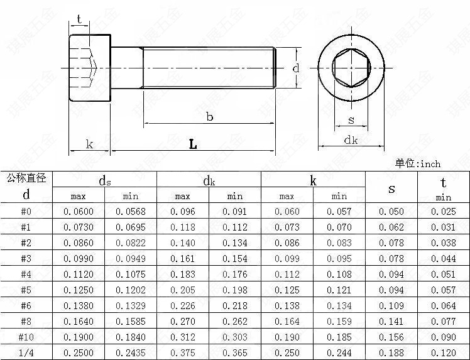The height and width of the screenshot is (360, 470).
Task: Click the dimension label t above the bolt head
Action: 79,19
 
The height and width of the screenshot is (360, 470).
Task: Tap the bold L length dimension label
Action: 193,145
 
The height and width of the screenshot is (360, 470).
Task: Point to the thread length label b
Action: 209,117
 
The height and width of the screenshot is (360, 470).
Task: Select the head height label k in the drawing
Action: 89,144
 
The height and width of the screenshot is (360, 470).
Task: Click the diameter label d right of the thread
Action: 296,68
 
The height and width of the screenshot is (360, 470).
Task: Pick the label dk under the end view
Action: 351,139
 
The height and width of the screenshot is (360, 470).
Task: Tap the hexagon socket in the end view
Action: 351,68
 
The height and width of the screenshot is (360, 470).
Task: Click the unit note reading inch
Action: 430,164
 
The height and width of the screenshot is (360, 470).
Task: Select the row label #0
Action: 26,211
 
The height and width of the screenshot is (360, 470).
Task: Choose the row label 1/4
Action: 26,352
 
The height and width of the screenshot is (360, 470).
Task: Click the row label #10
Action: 26,337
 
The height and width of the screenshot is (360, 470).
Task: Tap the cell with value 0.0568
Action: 131,211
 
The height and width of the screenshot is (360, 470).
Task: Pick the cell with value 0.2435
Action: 131,352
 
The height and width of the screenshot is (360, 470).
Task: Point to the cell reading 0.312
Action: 183,337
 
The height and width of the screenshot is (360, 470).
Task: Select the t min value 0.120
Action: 444,352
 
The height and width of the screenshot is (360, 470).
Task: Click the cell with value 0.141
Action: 391,321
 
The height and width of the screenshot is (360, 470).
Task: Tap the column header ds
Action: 104,180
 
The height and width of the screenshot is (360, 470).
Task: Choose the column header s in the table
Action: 391,189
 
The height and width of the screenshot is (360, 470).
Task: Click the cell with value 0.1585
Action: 131,321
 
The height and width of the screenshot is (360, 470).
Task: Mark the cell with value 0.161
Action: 183,258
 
